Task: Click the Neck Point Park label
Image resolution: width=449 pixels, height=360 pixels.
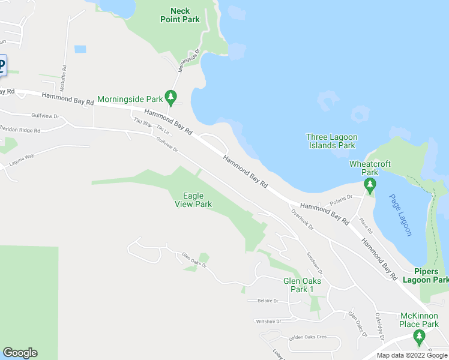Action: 180,15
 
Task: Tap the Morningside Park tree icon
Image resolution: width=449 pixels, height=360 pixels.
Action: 171,96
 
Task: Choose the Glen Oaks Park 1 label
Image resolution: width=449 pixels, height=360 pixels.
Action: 302,285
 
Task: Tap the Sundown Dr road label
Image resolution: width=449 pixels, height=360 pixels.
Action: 313,260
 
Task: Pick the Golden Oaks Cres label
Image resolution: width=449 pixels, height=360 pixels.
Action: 307,337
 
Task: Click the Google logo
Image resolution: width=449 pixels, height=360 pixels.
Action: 20,353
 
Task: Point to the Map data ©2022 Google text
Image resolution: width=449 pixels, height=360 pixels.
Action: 412,355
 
